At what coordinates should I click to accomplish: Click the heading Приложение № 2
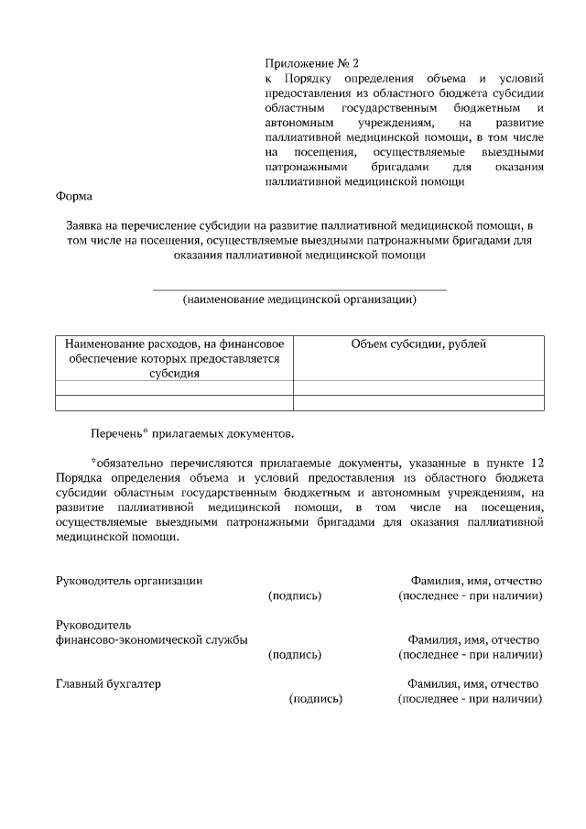[x=311, y=64]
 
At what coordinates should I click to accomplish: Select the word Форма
[x=73, y=196]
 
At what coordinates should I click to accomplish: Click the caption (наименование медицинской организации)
[x=298, y=300]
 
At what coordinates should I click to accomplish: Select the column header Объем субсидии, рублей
[x=418, y=344]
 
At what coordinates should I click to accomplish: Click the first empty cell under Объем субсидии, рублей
[x=418, y=387]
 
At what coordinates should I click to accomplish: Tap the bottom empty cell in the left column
[x=174, y=401]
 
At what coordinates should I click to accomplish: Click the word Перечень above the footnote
[x=114, y=431]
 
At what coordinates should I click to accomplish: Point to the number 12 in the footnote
[x=537, y=463]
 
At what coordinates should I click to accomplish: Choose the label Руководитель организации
[x=129, y=581]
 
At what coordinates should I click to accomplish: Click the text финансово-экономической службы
[x=151, y=639]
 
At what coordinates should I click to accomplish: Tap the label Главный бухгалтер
[x=108, y=684]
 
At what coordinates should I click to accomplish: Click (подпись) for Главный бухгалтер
[x=316, y=699]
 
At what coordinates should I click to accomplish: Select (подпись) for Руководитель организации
[x=295, y=595]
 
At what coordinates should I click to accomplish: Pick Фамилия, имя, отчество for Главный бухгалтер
[x=472, y=684]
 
